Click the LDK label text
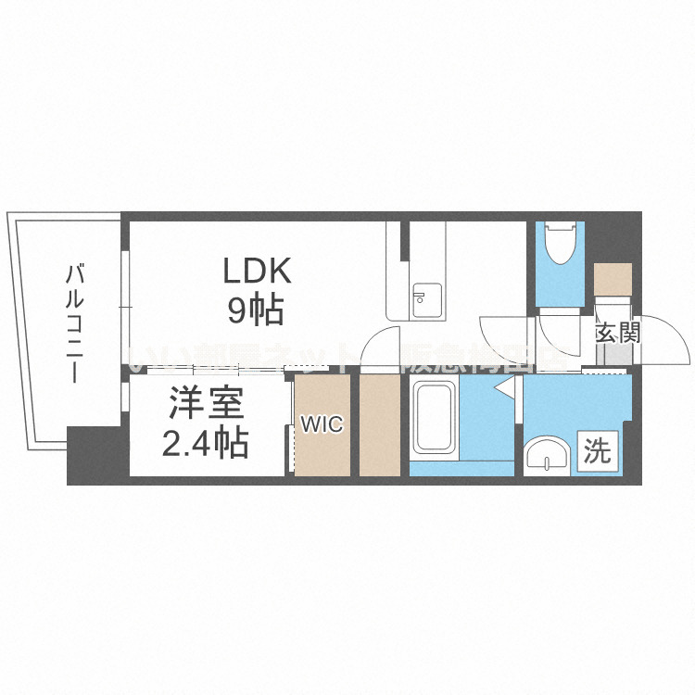256,272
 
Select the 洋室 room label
205,406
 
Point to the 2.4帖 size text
205,445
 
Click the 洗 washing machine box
598,451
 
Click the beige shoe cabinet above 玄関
613,279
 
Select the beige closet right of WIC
379,425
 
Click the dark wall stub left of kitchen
404,240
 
